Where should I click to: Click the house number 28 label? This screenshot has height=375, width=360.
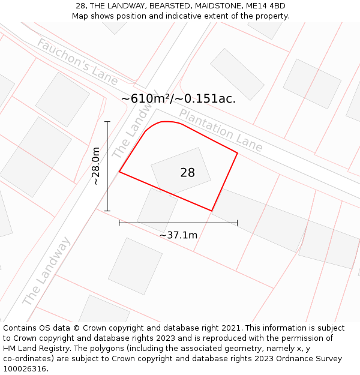[187, 173]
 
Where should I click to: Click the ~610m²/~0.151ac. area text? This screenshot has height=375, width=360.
[178, 99]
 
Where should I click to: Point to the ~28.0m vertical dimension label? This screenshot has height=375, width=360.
[96, 167]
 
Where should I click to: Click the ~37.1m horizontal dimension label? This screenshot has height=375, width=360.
[178, 235]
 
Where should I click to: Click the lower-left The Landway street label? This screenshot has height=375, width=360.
[46, 271]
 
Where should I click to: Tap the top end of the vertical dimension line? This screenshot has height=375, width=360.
[107, 122]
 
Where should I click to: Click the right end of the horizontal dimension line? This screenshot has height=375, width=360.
[238, 223]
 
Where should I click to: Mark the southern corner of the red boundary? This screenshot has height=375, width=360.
[212, 211]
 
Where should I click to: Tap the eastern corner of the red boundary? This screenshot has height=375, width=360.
[238, 153]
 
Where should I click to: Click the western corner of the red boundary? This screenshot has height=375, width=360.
[119, 172]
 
